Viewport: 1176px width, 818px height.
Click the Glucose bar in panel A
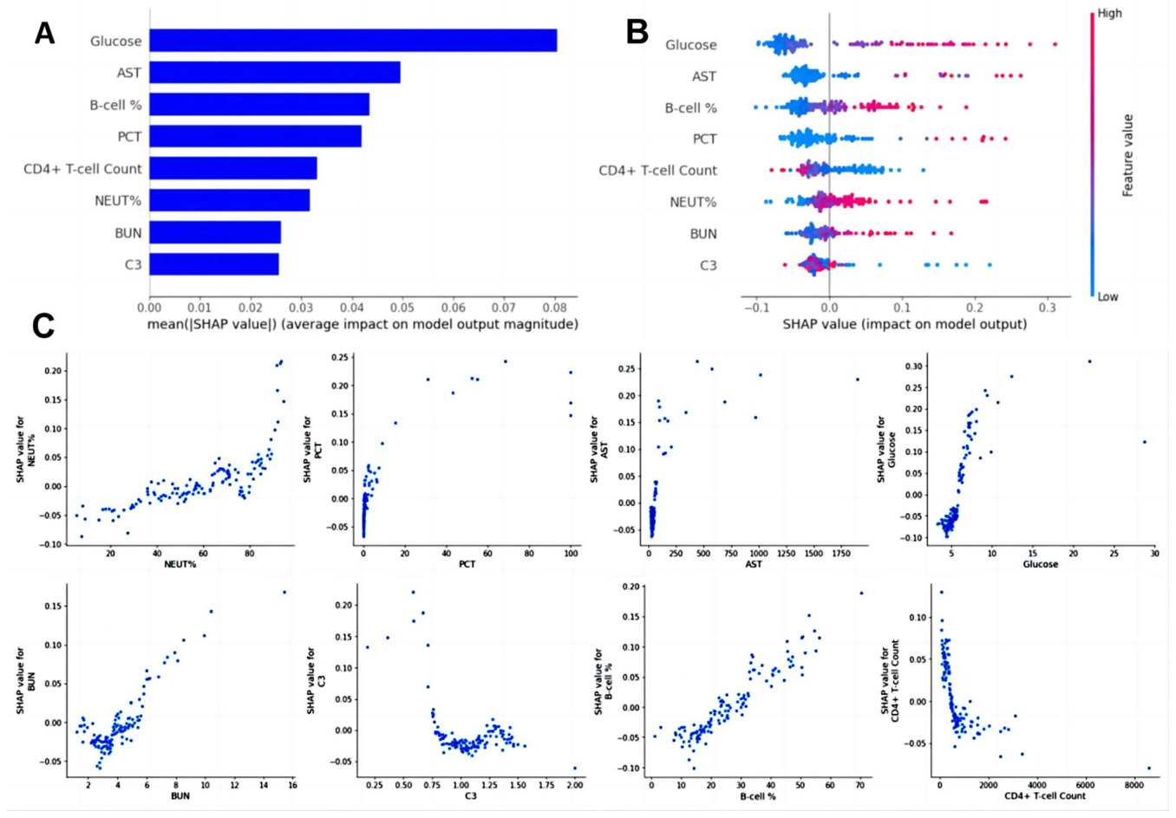(x=353, y=41)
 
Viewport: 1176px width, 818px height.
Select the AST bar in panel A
(x=275, y=73)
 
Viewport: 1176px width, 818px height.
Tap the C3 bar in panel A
(x=214, y=264)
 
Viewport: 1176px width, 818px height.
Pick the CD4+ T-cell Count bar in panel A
(x=233, y=168)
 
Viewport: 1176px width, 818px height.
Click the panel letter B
(x=637, y=33)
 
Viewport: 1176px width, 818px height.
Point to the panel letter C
(x=43, y=327)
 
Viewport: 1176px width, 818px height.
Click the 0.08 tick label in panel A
(x=554, y=307)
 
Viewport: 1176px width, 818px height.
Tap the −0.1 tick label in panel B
(x=756, y=307)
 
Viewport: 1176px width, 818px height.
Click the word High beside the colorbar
(x=1109, y=13)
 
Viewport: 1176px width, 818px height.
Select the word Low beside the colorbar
(x=1107, y=296)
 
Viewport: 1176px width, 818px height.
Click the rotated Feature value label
(x=1127, y=155)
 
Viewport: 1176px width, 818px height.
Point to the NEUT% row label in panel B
(x=693, y=202)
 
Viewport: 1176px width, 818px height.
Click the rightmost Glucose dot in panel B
(x=1055, y=44)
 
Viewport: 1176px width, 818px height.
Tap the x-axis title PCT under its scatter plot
(x=467, y=564)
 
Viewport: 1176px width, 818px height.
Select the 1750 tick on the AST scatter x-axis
(x=841, y=554)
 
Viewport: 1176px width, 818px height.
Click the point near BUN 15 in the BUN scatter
(x=284, y=592)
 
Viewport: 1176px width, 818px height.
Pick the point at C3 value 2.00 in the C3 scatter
(x=575, y=768)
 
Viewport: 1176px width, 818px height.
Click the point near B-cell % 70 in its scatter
(x=861, y=593)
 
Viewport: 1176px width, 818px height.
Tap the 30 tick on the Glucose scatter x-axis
(x=1154, y=554)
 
